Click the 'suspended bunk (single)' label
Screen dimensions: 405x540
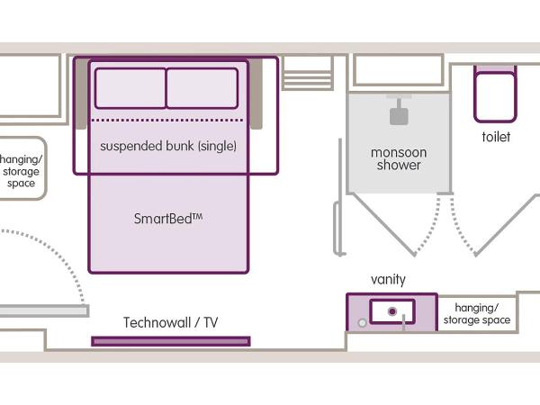coord(168,146)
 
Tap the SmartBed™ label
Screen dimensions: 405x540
coord(168,218)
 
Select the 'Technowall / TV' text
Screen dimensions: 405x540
coord(170,322)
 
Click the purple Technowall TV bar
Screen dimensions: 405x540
coord(170,341)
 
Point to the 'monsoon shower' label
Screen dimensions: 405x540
coord(399,158)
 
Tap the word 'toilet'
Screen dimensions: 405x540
coord(495,138)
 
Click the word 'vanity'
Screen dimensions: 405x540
coord(388,280)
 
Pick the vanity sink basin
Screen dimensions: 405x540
coord(392,310)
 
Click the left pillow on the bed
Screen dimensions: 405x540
coord(130,88)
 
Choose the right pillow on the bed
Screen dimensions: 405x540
coord(202,88)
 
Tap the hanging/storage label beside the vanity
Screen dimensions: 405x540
coord(476,314)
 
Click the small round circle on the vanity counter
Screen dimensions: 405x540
coord(361,321)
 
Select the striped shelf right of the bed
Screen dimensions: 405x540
coord(307,74)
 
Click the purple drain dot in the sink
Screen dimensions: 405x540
coord(392,311)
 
